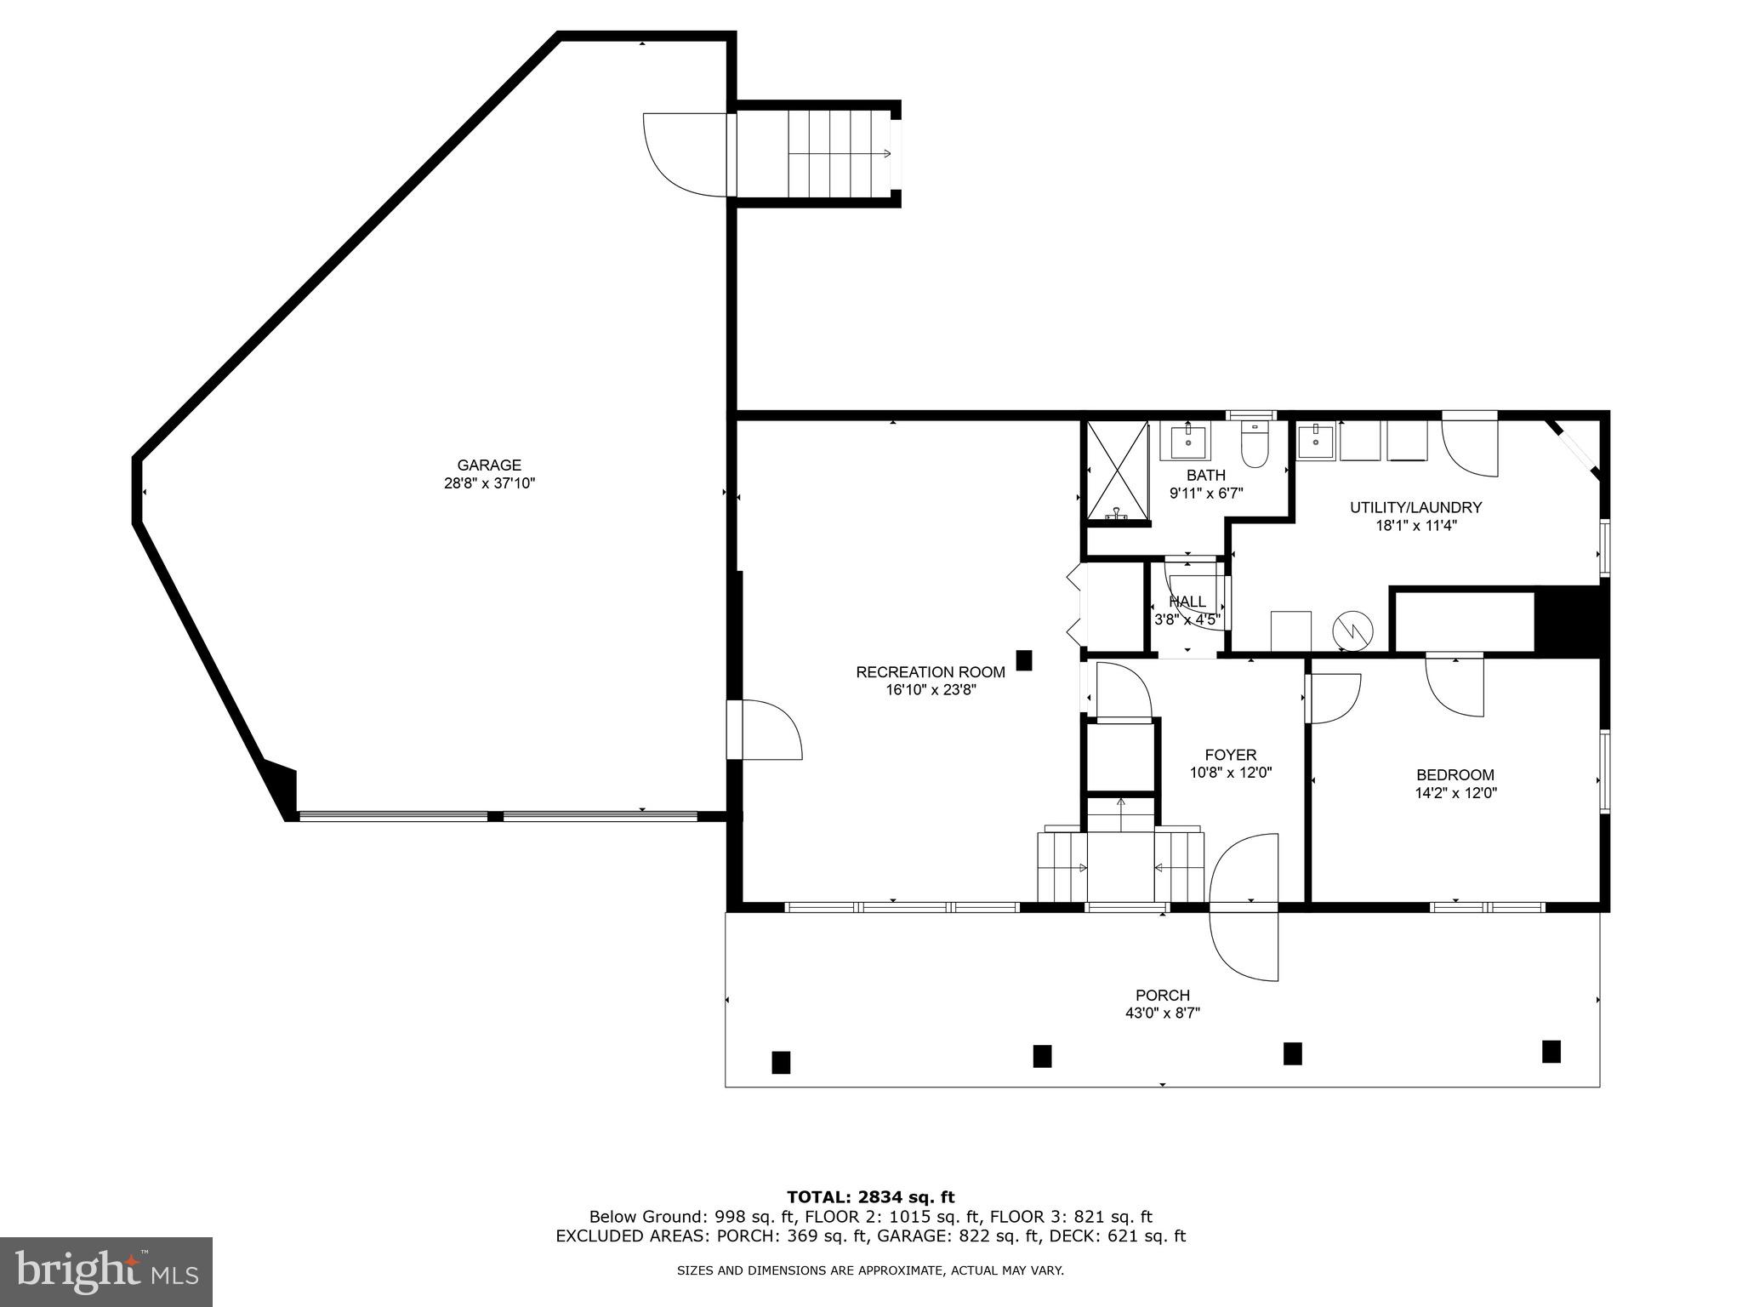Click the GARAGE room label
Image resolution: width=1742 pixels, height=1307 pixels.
[489, 465]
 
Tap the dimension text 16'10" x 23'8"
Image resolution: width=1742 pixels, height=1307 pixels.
[931, 690]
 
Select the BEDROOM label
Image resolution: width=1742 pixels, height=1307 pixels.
[1455, 775]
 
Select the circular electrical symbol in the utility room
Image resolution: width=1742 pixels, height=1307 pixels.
[1352, 631]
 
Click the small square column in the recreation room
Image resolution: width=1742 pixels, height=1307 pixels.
[1024, 659]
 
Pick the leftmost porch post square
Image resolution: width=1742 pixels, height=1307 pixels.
[781, 1062]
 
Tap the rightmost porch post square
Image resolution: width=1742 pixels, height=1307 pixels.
[1551, 1052]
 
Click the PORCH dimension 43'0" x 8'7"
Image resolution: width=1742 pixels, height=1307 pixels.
[1162, 1013]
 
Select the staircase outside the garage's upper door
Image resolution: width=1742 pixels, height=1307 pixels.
[840, 153]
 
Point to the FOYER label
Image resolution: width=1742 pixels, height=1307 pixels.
[1230, 755]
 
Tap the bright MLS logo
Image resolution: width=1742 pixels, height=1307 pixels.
[106, 1271]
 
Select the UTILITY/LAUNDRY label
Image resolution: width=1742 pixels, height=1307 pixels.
[1415, 508]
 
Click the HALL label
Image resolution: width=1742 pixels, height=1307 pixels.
[1187, 602]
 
